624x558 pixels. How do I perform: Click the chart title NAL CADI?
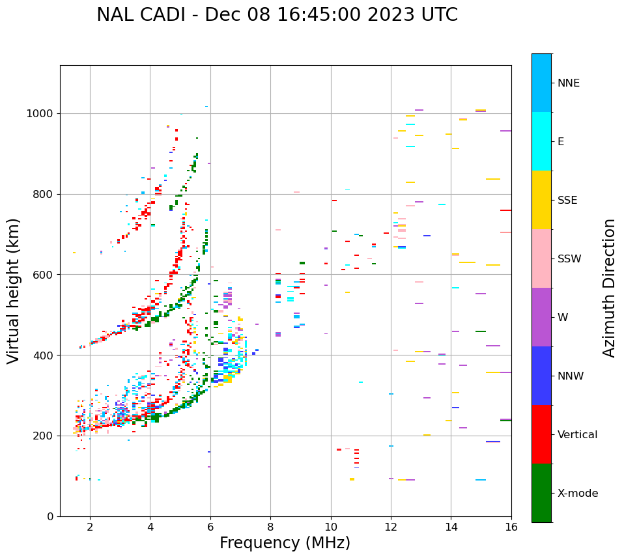[x=277, y=15]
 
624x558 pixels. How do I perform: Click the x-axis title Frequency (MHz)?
[x=285, y=543]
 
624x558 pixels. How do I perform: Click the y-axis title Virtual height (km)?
[x=14, y=291]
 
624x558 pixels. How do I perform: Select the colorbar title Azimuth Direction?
[x=609, y=288]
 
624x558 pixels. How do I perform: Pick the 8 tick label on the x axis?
[x=270, y=526]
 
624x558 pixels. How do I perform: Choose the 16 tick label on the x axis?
[x=511, y=526]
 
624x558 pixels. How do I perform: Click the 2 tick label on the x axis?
[x=90, y=526]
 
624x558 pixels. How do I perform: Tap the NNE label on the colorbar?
[x=569, y=83]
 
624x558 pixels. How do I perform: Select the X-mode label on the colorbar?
[x=578, y=494]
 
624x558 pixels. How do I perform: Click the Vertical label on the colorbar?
[x=577, y=435]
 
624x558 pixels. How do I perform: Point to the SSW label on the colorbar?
[x=569, y=259]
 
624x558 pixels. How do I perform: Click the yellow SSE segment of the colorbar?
[x=541, y=200]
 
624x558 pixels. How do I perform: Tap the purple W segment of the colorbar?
[x=541, y=317]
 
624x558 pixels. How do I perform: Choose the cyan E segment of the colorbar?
[x=541, y=141]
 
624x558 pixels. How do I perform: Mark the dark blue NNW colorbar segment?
[x=541, y=376]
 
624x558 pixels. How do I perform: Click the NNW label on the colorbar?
[x=571, y=376]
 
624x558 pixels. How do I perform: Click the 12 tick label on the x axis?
[x=391, y=526]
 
